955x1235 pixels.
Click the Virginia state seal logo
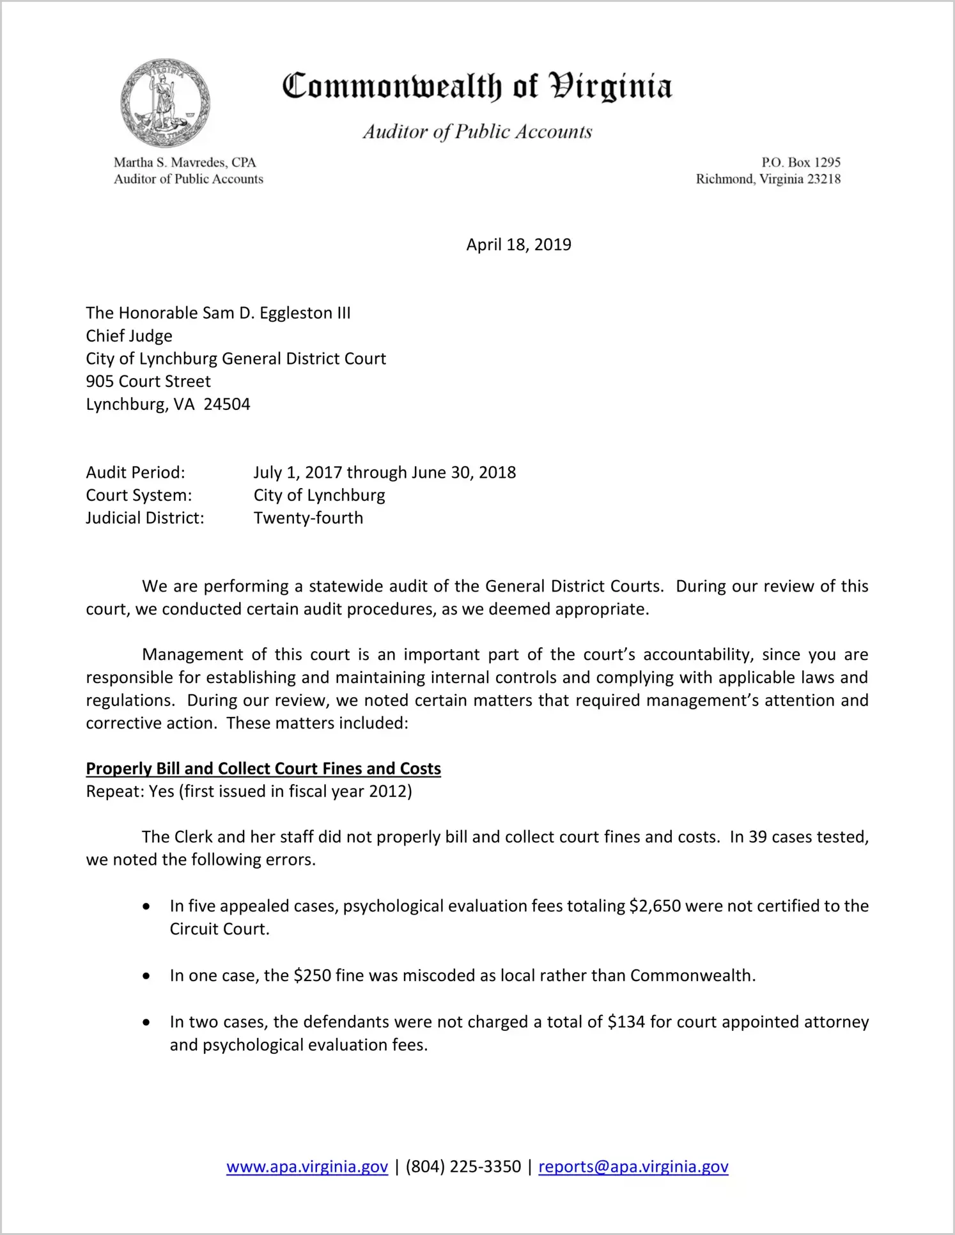coord(165,102)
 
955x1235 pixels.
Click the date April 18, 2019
coord(518,244)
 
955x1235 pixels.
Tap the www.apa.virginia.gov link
coord(307,1167)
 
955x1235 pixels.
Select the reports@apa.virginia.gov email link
coord(633,1167)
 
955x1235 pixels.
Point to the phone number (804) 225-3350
coord(463,1167)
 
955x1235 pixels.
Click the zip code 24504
coord(227,404)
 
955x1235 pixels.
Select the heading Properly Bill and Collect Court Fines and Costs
coord(263,768)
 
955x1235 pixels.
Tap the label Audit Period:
coord(136,472)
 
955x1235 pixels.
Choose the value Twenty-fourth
coord(308,518)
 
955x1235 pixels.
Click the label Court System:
coord(139,495)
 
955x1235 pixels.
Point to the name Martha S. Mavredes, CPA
coord(185,162)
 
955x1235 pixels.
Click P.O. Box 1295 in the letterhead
coord(800,162)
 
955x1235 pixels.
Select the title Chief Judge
coord(129,336)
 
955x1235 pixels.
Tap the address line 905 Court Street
coord(148,381)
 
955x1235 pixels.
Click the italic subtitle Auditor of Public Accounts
coord(477,132)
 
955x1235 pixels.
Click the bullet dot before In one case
coord(147,976)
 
